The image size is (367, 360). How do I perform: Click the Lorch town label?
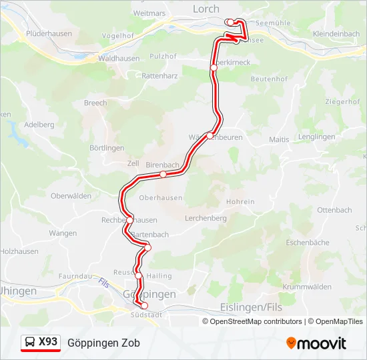(x=206, y=9)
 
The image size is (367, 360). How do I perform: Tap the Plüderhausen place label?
(x=48, y=33)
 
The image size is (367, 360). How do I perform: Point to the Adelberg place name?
(x=39, y=124)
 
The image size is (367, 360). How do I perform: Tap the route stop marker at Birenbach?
(x=163, y=174)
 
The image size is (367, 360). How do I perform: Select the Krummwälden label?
(x=307, y=287)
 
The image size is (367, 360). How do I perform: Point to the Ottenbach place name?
(x=334, y=210)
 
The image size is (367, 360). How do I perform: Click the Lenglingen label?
(x=317, y=137)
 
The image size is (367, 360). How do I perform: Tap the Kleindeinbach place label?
(x=336, y=33)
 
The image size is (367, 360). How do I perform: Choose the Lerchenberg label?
(x=206, y=218)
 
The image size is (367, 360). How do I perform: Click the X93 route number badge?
(x=48, y=342)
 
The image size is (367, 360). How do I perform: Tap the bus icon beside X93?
(x=30, y=343)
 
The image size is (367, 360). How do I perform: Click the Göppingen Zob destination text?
(x=103, y=343)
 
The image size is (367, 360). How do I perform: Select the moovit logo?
(x=316, y=343)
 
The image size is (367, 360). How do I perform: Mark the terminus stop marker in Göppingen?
(x=144, y=305)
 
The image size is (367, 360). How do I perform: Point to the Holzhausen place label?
(x=18, y=251)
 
